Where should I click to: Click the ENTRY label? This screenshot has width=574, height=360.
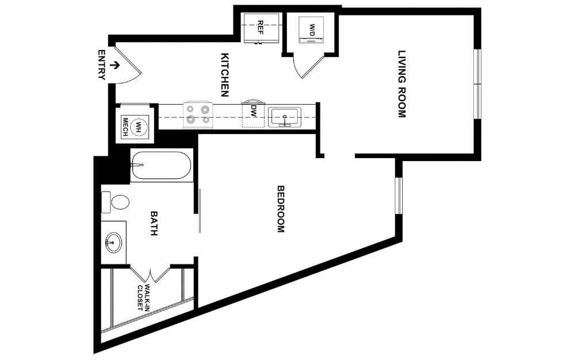[102, 64]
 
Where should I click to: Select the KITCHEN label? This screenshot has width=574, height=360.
[225, 75]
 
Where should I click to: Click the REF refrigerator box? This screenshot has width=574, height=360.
[261, 27]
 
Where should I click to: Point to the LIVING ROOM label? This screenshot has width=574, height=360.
[402, 84]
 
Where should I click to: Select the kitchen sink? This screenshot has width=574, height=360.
[285, 117]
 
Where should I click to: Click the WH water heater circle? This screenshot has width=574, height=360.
[138, 126]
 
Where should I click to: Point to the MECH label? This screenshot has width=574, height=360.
[125, 127]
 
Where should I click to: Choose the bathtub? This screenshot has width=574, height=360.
[160, 165]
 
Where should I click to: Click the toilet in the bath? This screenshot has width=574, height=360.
[116, 202]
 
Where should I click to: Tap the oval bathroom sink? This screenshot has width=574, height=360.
[113, 243]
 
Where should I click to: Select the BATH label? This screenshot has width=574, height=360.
[154, 224]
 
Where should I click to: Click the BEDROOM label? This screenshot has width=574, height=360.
[281, 209]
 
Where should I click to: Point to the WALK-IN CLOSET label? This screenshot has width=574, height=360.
[143, 297]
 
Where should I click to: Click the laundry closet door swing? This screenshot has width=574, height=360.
[305, 67]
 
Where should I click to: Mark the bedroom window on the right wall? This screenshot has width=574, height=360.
[399, 196]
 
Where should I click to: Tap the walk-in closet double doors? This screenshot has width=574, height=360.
[150, 273]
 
